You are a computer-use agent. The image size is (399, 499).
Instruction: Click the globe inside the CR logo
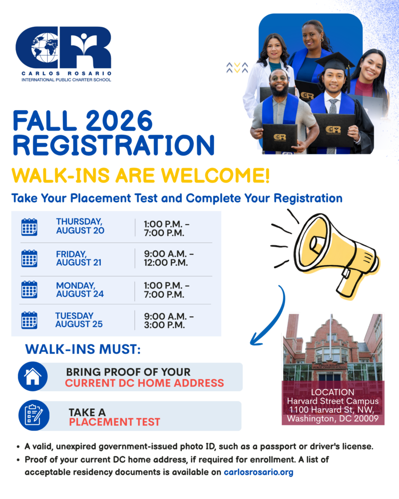(x=45, y=48)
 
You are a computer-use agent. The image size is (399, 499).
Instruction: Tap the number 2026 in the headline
(x=119, y=121)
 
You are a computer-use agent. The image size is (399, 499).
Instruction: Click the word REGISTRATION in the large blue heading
(x=114, y=145)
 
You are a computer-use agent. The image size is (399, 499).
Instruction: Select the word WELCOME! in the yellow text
(x=215, y=175)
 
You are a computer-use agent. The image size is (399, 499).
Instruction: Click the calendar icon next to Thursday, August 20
(x=29, y=227)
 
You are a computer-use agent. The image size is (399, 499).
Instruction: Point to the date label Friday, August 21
(x=78, y=258)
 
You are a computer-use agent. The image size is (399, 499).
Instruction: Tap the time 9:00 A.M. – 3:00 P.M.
(x=169, y=321)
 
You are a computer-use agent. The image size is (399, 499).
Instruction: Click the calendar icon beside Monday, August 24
(x=29, y=289)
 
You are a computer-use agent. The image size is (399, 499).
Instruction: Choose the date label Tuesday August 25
(x=79, y=320)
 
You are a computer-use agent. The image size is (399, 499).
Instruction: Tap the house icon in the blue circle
(x=33, y=377)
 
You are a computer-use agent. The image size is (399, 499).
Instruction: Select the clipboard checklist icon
(x=34, y=415)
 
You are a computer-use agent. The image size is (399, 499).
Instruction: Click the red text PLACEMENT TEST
(x=114, y=422)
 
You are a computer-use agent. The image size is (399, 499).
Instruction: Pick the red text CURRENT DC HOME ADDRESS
(x=145, y=383)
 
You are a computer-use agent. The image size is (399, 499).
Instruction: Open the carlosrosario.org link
(x=258, y=472)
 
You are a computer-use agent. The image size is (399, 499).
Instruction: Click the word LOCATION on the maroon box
(x=332, y=392)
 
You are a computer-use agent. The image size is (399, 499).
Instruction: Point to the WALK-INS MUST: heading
(x=83, y=349)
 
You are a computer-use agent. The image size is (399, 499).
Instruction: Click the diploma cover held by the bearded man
(x=280, y=137)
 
